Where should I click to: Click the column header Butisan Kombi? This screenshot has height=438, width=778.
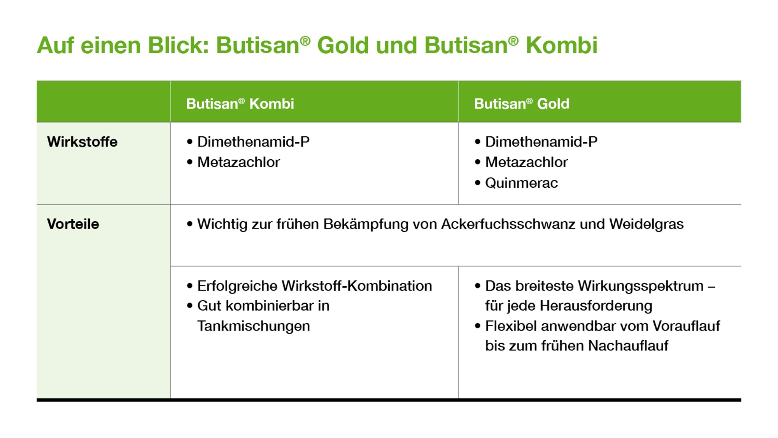pos(240,104)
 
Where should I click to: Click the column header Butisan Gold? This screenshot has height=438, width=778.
pos(522,104)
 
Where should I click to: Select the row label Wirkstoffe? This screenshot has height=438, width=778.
pos(82,142)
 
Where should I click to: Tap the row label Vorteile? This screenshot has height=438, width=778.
pos(73,224)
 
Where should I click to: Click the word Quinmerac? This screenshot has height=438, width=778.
pos(521,183)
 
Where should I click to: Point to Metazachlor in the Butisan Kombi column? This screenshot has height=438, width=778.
pos(238,162)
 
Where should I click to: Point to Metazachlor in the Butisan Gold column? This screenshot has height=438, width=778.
pos(526,162)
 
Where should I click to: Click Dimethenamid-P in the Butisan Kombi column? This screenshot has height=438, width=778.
pos(253,142)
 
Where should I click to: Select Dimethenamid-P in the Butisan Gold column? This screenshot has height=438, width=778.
pos(541,142)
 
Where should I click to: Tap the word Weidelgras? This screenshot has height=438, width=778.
pos(647,224)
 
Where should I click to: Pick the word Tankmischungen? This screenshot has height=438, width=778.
pos(254,326)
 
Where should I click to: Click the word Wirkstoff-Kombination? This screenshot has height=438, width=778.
pos(357,286)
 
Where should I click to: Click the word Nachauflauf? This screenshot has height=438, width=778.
pos(628,346)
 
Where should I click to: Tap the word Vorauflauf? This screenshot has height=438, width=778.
pos(686,326)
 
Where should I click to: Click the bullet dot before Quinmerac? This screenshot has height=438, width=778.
pos(478,183)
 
